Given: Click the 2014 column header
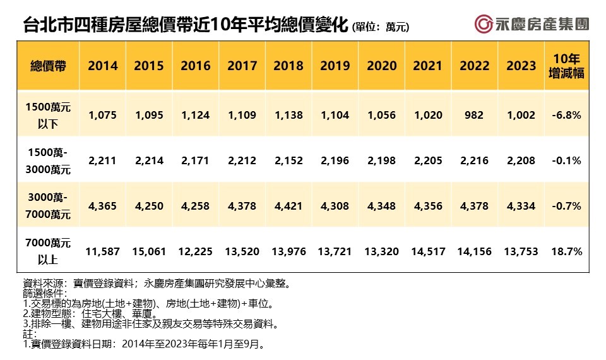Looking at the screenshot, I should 103,66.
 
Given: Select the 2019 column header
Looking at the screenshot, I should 335,66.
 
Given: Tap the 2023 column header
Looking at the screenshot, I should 521,66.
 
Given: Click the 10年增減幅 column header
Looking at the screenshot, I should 566,66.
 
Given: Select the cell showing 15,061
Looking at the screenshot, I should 150,251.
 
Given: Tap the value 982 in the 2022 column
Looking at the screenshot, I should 474,115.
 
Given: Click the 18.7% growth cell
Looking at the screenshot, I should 566,251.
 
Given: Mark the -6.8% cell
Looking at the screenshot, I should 566,115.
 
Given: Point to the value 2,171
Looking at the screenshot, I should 196,160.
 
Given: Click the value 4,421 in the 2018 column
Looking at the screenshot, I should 289,206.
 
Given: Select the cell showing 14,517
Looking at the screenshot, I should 428,251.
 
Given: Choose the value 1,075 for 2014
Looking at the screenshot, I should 103,115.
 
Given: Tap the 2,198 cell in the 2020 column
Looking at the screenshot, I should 382,160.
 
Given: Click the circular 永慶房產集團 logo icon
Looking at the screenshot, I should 484,24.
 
